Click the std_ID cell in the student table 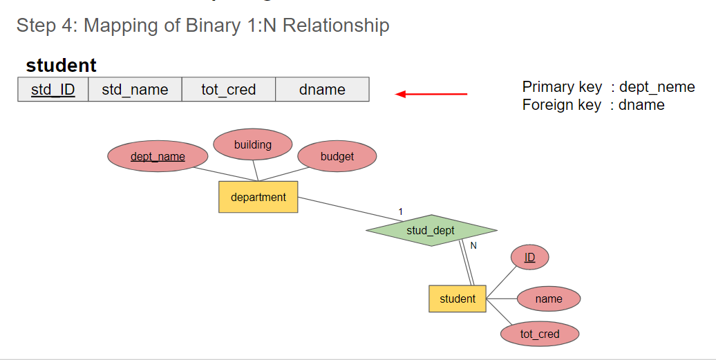53,89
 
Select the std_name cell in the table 135,89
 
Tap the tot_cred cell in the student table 229,89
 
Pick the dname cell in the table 322,89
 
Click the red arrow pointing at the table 431,94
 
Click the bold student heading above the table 62,66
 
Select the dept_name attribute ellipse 158,157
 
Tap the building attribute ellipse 253,144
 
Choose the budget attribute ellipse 337,157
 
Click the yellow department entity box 258,197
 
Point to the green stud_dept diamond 431,230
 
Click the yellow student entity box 458,299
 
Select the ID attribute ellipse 529,258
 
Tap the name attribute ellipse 549,299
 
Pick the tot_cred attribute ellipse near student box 540,334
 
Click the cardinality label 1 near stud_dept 400,211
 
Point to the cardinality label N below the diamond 473,245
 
